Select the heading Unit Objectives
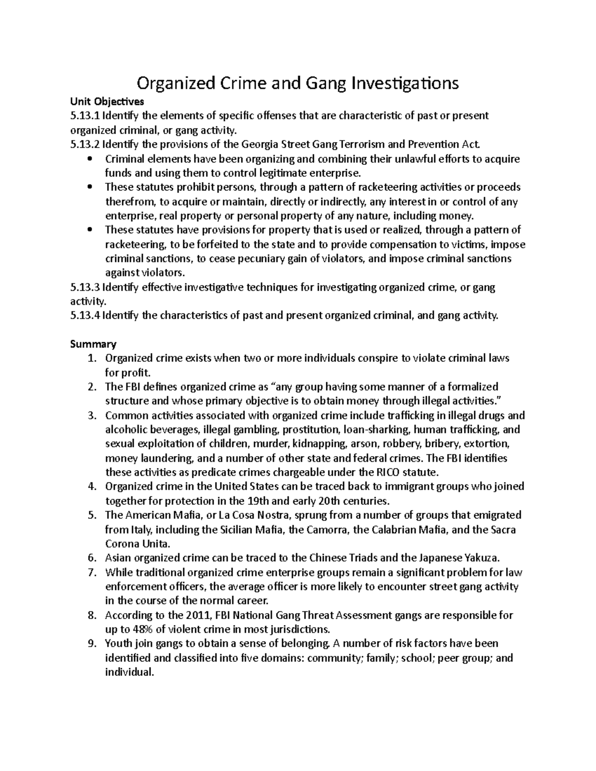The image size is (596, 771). (x=107, y=102)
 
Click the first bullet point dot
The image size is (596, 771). (x=89, y=159)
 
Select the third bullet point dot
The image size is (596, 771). (x=89, y=230)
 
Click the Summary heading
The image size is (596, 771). (x=93, y=345)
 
